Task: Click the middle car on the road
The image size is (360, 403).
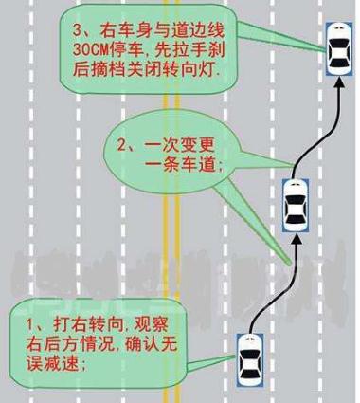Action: tap(296, 204)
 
